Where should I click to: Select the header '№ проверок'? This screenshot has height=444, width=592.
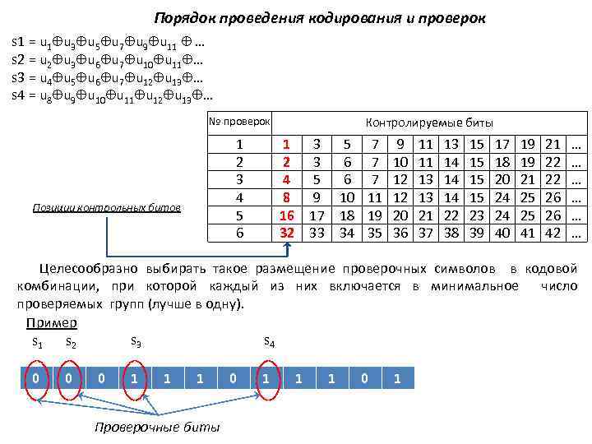[239, 122]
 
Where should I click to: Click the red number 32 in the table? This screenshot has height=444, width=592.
[287, 233]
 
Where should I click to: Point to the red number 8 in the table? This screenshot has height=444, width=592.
[287, 197]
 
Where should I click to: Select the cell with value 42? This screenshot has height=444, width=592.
[553, 233]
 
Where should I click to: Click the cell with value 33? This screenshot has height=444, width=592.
[317, 233]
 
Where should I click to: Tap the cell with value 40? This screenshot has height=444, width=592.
[504, 233]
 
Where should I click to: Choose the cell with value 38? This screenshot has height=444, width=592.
[451, 233]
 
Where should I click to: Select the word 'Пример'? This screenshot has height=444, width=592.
[52, 322]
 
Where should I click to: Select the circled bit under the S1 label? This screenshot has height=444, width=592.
[35, 379]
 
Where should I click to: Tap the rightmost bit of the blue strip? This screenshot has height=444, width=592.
[397, 379]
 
